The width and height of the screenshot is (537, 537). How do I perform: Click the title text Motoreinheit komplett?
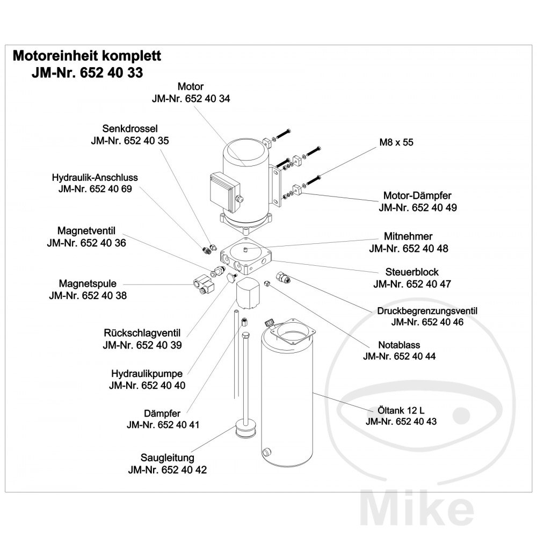pos(86,56)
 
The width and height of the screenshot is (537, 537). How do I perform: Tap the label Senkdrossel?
pos(129,129)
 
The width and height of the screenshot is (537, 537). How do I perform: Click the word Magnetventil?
pos(86,231)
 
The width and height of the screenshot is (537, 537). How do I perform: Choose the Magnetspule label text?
pos(88,284)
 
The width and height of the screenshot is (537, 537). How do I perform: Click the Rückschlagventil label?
pos(142,333)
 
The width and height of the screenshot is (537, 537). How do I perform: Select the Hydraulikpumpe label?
pos(147,373)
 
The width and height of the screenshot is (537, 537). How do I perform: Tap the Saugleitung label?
pos(168,458)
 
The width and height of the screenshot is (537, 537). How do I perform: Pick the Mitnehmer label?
pos(408,236)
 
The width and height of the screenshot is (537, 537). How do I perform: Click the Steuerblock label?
pos(412,272)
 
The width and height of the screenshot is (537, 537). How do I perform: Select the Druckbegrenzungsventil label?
pos(427,311)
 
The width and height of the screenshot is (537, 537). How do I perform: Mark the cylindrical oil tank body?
pos(286,408)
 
